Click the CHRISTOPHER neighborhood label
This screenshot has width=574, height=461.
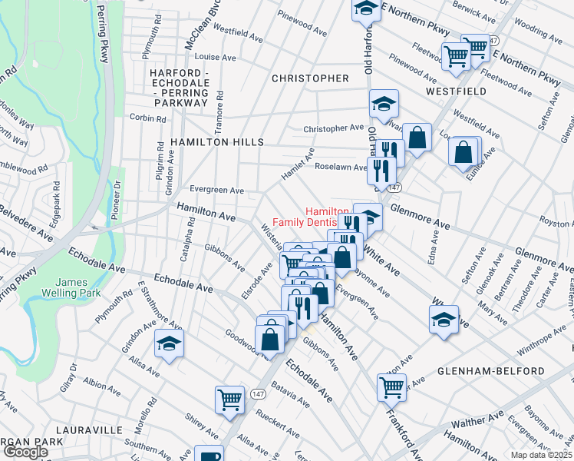[310, 78]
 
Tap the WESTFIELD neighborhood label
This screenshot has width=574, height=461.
[458, 91]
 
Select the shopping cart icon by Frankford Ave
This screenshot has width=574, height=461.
[391, 387]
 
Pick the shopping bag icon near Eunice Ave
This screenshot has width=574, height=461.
[464, 152]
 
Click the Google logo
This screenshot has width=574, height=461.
[25, 452]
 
